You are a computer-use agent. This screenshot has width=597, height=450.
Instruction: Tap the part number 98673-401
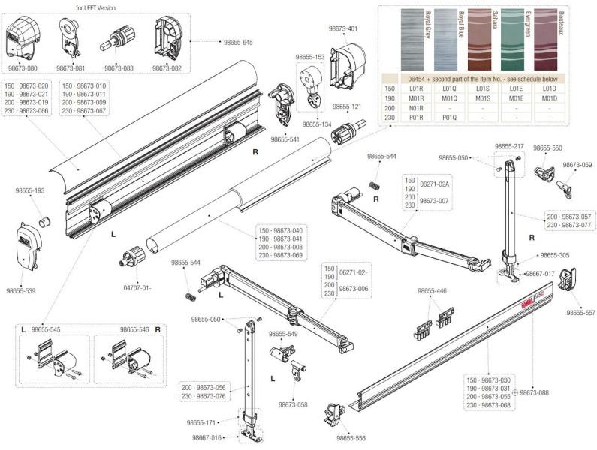pos(342,28)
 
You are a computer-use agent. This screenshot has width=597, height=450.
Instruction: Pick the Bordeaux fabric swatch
pos(547,39)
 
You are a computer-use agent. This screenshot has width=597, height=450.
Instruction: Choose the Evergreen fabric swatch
pos(512,39)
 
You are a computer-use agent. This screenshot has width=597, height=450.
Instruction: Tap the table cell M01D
pos(547,97)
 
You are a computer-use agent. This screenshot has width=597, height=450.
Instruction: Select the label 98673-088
pos(535,392)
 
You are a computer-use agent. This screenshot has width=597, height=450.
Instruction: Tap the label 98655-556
pos(351,438)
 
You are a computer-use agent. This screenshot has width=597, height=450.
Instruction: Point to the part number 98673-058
pos(293,404)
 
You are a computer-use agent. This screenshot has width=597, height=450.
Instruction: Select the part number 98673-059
pos(577,164)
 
